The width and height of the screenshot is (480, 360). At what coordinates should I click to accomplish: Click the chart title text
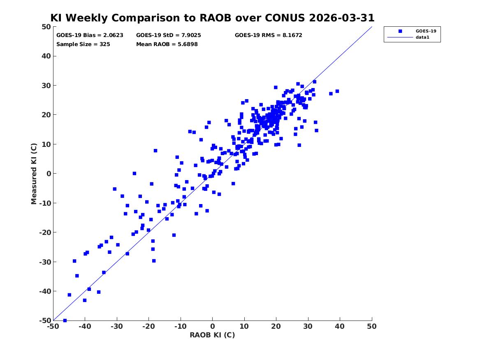pyautogui.click(x=213, y=18)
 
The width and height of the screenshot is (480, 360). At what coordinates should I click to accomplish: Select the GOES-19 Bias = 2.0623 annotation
pyautogui.click(x=90, y=35)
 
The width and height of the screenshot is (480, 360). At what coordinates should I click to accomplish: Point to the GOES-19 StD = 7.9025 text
pyautogui.click(x=169, y=35)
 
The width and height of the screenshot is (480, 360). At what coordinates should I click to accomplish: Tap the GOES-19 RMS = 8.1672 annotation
pyautogui.click(x=269, y=35)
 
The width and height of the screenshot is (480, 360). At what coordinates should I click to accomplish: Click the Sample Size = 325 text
pyautogui.click(x=83, y=44)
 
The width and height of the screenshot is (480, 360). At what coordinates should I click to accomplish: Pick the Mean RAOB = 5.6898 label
pyautogui.click(x=167, y=44)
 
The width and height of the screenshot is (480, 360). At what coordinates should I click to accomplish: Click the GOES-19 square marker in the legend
pyautogui.click(x=400, y=31)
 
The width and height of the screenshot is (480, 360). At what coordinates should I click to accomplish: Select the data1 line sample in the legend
pyautogui.click(x=400, y=37)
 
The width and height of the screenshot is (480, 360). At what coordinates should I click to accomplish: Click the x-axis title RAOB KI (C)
pyautogui.click(x=213, y=335)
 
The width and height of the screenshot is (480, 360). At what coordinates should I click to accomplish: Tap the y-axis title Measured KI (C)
pyautogui.click(x=34, y=174)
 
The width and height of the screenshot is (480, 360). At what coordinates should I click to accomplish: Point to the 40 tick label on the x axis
pyautogui.click(x=340, y=326)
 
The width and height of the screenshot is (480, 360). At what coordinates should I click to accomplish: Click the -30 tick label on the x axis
pyautogui.click(x=117, y=326)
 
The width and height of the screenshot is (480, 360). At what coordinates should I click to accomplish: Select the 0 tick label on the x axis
pyautogui.click(x=213, y=326)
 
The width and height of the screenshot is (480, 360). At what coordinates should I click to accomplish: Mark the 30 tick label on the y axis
pyautogui.click(x=46, y=86)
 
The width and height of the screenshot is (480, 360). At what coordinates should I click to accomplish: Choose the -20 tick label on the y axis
pyautogui.click(x=45, y=232)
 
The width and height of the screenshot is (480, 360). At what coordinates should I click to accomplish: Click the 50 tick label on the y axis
pyautogui.click(x=46, y=27)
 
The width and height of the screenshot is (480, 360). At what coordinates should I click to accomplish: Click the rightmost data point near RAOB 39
pyautogui.click(x=337, y=91)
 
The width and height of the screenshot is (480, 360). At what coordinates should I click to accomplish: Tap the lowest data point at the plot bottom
pyautogui.click(x=65, y=321)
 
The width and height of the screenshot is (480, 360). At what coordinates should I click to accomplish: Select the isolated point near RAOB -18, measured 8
pyautogui.click(x=155, y=151)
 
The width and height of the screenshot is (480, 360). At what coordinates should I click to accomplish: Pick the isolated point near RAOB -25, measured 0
pyautogui.click(x=134, y=174)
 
